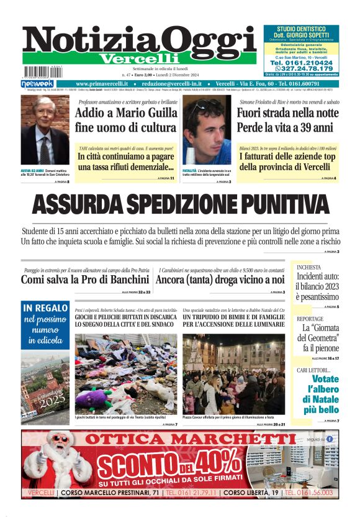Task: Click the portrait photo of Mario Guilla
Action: pyautogui.click(x=45, y=130)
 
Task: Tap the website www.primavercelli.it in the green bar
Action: pyautogui.click(x=102, y=83)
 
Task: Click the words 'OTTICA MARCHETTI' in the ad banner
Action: pyautogui.click(x=182, y=440)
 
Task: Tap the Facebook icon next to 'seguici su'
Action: pyautogui.click(x=330, y=439)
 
